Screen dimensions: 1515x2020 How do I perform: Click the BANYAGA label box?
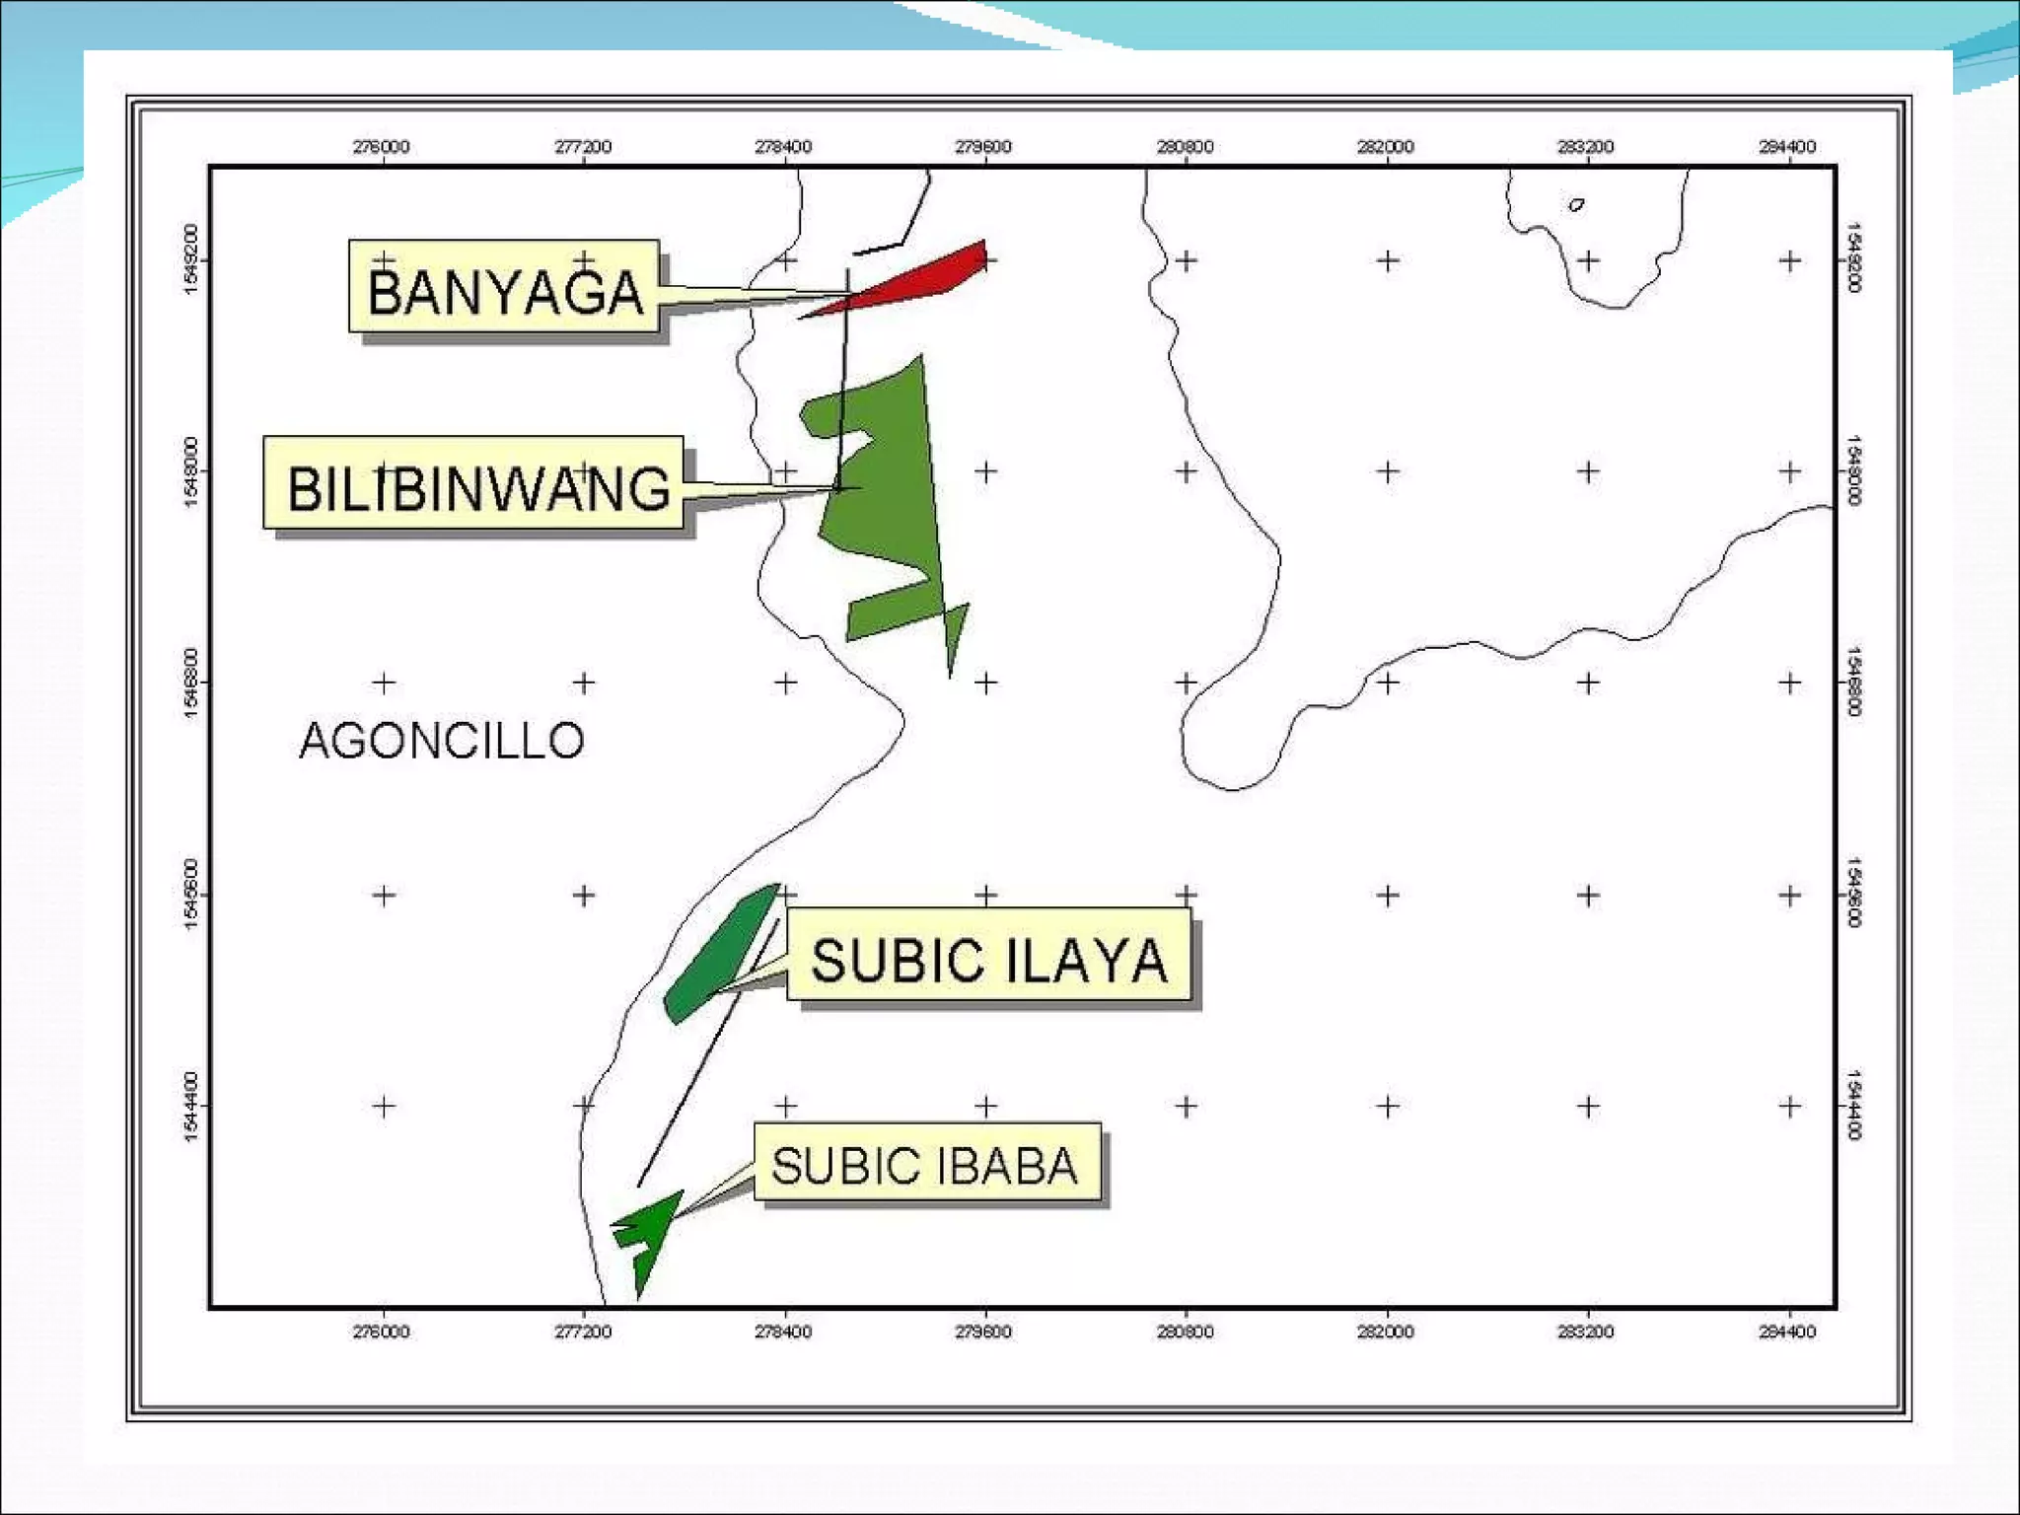[x=503, y=286]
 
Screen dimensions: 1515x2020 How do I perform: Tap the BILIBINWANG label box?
[x=473, y=482]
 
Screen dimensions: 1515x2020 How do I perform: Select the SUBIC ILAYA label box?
[x=988, y=954]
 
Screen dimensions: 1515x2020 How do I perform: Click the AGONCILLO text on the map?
[x=441, y=741]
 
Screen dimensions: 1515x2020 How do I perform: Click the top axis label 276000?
[x=382, y=147]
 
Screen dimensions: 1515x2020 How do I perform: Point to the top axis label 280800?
[x=1185, y=147]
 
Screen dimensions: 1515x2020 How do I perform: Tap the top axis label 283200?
[x=1586, y=147]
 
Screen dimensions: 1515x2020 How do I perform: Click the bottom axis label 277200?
[x=583, y=1332]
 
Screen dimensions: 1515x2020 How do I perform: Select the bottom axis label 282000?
[x=1386, y=1332]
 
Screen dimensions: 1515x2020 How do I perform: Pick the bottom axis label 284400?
[x=1787, y=1332]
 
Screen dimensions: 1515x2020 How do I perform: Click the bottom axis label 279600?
[x=984, y=1332]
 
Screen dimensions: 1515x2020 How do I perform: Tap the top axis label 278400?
[x=783, y=147]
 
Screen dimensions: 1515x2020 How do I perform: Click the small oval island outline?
[x=1577, y=205]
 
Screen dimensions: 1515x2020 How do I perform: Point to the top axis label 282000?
[x=1386, y=147]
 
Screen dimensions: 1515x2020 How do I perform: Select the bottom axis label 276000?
[x=382, y=1332]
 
